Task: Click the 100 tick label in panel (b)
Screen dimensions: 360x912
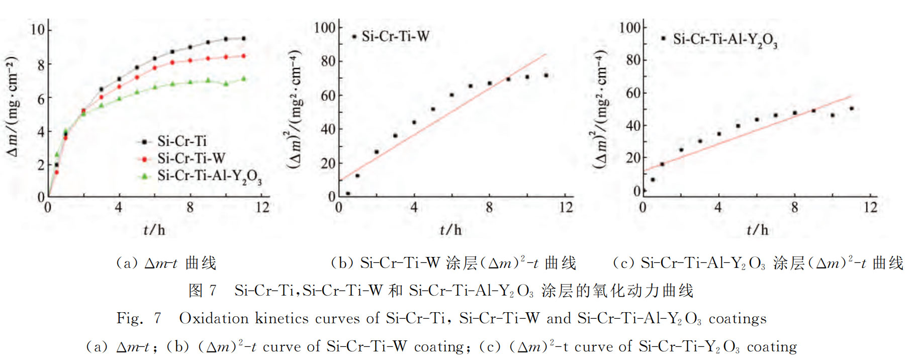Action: click(325, 27)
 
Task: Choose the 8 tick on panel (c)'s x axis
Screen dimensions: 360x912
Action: click(794, 207)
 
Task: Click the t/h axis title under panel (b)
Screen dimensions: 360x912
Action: click(450, 230)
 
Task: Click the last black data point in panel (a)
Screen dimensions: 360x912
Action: click(244, 39)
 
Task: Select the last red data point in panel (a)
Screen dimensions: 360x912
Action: click(244, 56)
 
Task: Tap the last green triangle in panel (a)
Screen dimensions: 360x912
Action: click(244, 78)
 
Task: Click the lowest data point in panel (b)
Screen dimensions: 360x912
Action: click(348, 194)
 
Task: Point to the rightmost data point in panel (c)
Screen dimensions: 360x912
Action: click(852, 109)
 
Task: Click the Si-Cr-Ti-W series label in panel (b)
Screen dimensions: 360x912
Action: click(395, 36)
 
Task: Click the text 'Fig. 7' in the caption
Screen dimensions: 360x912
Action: click(139, 318)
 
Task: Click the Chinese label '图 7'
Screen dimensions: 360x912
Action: click(202, 291)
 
